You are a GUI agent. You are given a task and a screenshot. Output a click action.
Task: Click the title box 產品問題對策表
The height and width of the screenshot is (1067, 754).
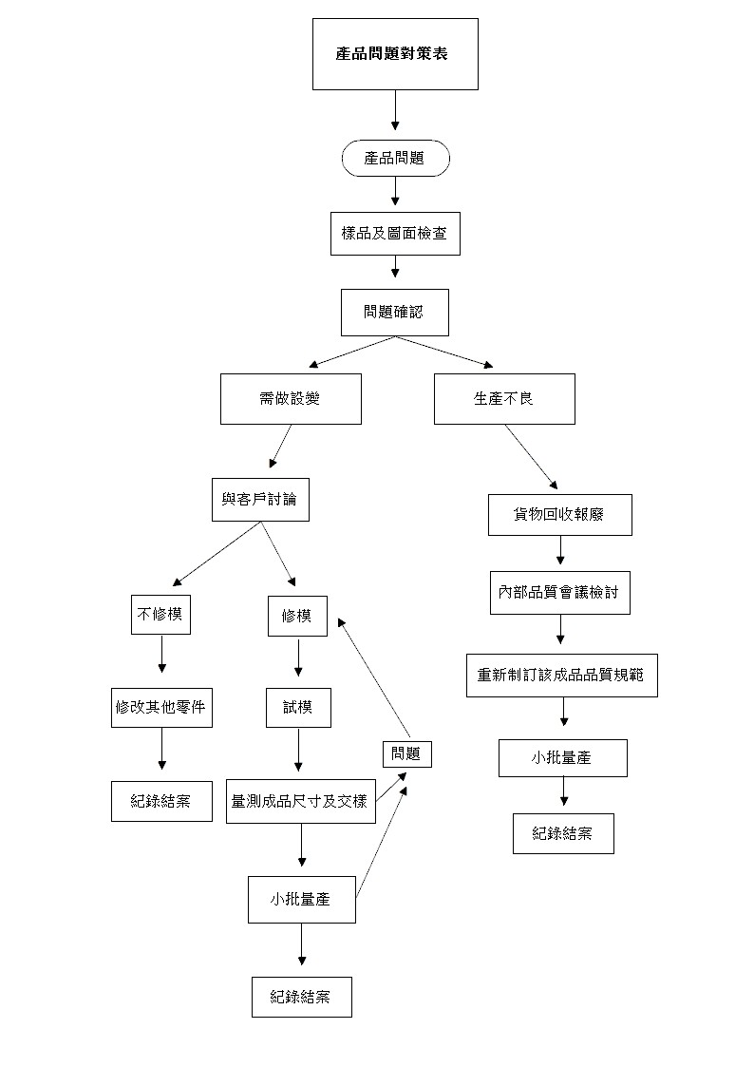tap(395, 53)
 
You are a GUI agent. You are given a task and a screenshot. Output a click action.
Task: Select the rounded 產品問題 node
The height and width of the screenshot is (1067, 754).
tap(395, 159)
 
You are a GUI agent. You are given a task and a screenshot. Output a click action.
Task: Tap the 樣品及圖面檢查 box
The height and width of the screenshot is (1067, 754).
tap(395, 234)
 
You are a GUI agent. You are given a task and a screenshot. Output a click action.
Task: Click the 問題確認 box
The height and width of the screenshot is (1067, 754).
tap(395, 313)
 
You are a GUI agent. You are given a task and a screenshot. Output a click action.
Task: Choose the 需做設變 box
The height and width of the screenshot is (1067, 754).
tap(291, 399)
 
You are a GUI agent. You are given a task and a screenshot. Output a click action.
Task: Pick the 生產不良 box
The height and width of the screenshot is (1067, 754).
tap(504, 399)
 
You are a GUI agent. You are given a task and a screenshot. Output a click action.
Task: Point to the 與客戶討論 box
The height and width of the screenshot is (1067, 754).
tap(260, 500)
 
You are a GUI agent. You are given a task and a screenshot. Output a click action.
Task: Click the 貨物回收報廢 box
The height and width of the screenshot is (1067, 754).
tap(560, 515)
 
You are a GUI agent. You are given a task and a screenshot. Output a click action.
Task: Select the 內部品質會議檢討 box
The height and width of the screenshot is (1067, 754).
tap(560, 594)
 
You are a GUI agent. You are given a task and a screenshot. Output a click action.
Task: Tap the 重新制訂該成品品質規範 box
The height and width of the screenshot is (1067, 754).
tap(561, 676)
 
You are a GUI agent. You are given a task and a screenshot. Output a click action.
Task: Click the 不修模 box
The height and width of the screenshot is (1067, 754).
tap(161, 615)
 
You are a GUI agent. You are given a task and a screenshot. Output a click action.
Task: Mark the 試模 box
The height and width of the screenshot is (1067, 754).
tap(298, 708)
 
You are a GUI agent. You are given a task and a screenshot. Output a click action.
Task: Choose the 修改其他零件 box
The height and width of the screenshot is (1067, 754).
tap(161, 708)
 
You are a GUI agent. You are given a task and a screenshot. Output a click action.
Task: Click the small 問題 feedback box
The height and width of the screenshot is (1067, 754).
tap(407, 754)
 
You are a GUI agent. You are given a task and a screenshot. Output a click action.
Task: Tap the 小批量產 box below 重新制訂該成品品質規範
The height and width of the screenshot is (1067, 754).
tap(563, 758)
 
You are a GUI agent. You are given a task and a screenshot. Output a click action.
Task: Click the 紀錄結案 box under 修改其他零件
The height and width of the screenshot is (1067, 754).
tap(161, 801)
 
